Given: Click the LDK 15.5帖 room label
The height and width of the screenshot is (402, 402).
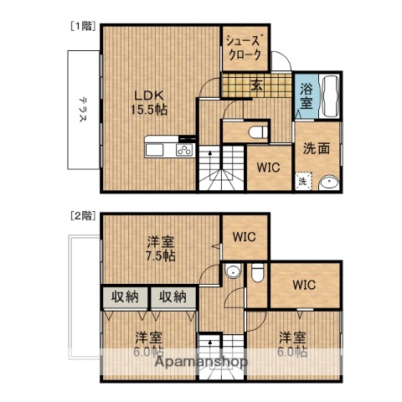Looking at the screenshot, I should point(148,100).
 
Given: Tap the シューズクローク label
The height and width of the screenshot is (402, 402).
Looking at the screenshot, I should point(245,48).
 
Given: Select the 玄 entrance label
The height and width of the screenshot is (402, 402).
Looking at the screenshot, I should point(255,85).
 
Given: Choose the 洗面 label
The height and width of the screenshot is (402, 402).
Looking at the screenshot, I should point(316,148).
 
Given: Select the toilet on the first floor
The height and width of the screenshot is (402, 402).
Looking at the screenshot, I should point(258,131).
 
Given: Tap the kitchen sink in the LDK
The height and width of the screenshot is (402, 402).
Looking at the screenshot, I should point(156,150).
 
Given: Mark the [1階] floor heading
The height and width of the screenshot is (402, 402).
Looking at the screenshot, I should point(80,26).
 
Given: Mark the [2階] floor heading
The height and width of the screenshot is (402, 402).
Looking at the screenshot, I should point(81,215).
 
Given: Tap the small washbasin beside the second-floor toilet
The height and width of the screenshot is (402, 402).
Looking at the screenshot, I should point(232,271).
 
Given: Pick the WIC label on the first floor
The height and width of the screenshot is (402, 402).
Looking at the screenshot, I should point(269,166).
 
